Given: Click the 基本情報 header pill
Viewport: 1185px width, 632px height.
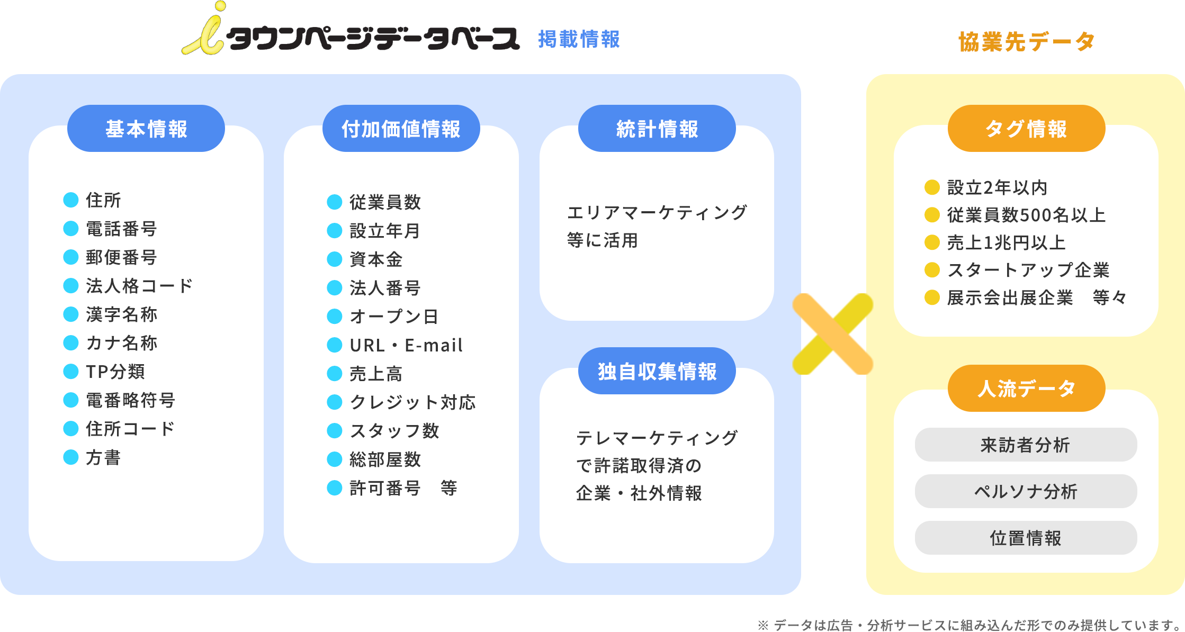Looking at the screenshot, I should click(x=146, y=129).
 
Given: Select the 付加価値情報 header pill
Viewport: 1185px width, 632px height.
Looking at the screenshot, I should click(x=401, y=129).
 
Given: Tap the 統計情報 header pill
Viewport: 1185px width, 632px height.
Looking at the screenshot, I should click(x=657, y=129).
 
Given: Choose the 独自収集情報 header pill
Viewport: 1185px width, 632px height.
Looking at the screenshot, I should click(x=657, y=371).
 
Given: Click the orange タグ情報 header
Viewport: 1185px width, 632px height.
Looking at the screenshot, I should click(x=1026, y=129).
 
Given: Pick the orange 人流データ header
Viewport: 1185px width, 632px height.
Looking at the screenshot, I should click(x=1026, y=389).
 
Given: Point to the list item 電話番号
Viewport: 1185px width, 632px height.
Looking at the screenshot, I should click(x=121, y=229).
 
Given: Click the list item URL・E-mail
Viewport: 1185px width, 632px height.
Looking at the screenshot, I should click(x=406, y=345).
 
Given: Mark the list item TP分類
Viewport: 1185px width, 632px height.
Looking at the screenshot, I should click(x=115, y=372).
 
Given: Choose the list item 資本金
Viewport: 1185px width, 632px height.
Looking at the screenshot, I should click(x=376, y=259).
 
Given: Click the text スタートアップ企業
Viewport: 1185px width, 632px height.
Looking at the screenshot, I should click(x=1028, y=270).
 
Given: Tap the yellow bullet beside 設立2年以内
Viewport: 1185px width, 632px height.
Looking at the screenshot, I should click(x=932, y=187).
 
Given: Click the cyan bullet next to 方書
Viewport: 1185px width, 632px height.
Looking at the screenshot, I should click(x=71, y=457).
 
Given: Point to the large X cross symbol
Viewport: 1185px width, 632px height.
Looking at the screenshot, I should click(x=833, y=334).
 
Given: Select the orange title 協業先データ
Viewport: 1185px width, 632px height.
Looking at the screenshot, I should click(x=1026, y=41).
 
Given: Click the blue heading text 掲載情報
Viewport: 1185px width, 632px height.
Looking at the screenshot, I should click(x=579, y=39).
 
